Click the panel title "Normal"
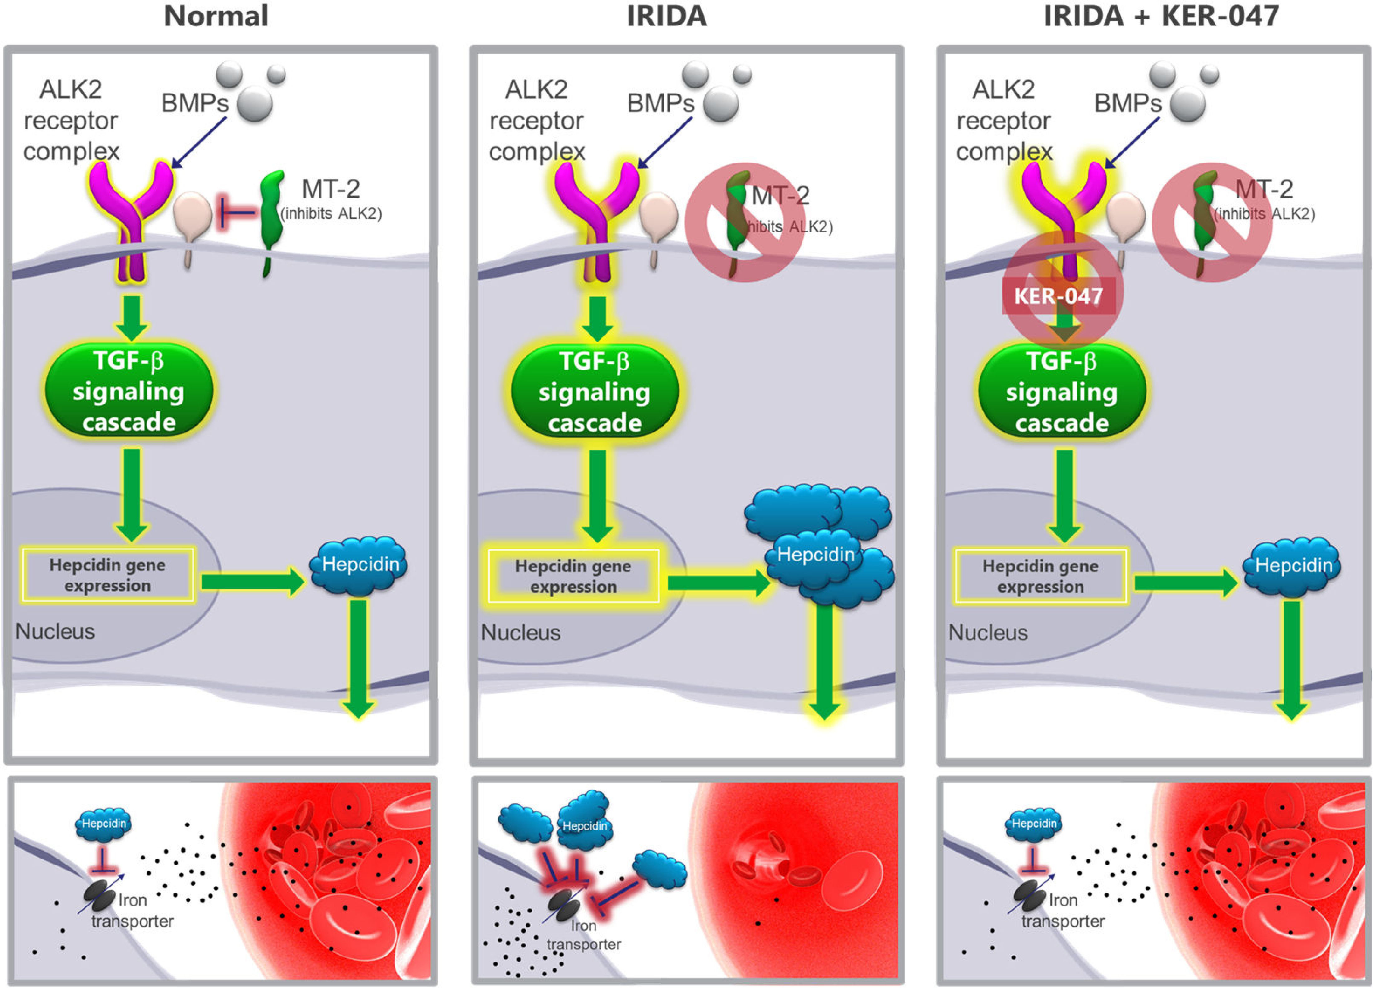click(216, 16)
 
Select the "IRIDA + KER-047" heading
click(1161, 16)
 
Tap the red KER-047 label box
click(1058, 296)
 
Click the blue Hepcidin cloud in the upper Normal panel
click(359, 564)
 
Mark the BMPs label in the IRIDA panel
click(661, 104)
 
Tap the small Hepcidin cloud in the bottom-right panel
click(1034, 825)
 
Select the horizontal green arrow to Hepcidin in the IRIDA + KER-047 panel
click(1185, 584)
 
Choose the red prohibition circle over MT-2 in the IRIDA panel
click(745, 222)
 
